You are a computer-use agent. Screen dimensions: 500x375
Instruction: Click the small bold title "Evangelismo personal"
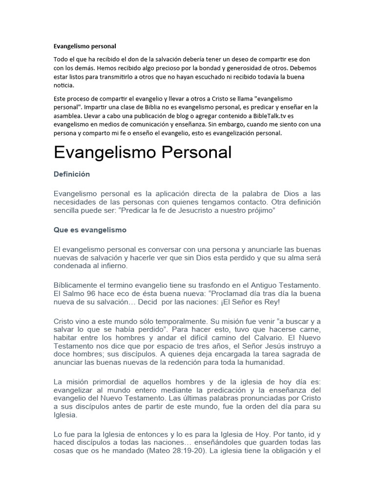84,46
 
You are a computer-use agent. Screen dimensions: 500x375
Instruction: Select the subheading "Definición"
72,174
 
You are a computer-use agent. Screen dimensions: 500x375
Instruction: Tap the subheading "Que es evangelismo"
90,229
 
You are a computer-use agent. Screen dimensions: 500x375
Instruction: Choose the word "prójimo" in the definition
262,209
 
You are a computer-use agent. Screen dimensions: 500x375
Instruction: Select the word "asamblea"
68,116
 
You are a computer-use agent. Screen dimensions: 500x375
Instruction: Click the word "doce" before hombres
62,354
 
